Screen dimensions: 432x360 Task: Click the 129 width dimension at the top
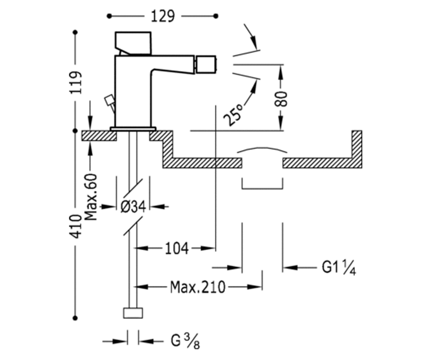163,17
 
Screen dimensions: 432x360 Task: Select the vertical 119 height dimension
76,82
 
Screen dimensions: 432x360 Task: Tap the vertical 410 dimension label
76,226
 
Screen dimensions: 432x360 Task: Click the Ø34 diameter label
134,207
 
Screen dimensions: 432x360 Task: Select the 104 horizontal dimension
177,248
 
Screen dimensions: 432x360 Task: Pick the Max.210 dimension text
198,287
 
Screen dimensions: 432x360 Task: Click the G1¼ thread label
339,268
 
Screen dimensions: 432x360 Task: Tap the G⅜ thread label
185,341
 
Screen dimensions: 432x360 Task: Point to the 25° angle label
233,114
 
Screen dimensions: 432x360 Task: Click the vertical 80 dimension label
281,99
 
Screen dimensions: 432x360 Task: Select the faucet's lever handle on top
133,43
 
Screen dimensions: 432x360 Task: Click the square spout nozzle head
206,64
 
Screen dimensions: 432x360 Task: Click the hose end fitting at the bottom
133,313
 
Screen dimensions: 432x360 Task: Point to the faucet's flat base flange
133,129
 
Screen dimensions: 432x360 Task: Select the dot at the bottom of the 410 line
76,318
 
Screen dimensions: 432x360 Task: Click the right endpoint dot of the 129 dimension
216,16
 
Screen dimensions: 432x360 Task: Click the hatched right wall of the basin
357,149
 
